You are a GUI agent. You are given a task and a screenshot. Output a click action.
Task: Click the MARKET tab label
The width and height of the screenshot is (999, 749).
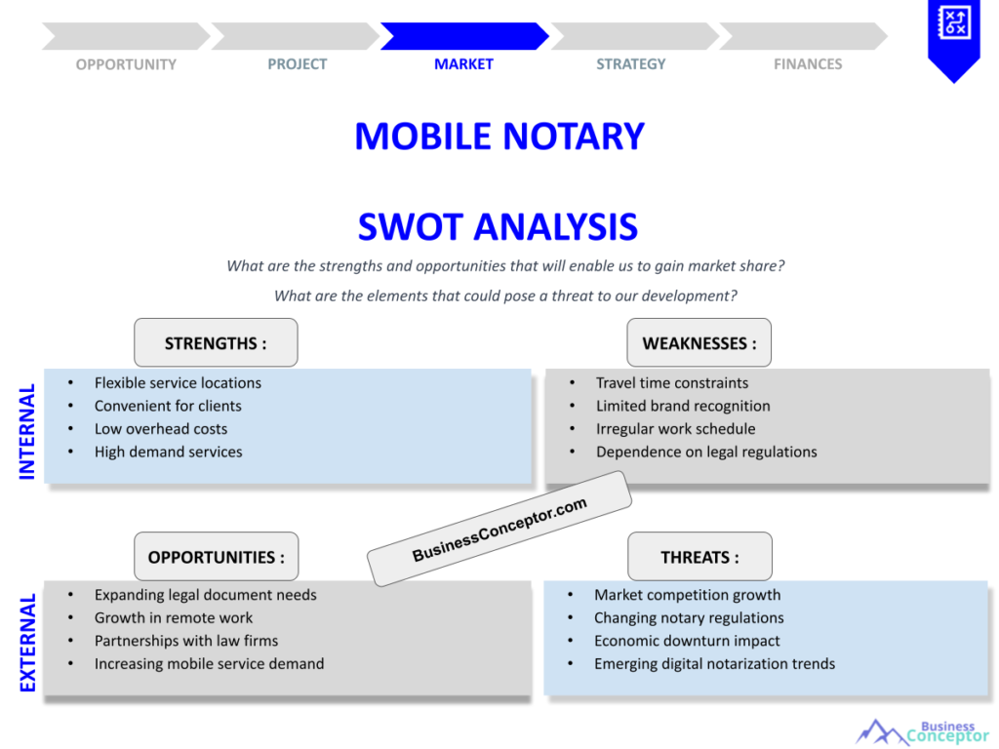(x=463, y=64)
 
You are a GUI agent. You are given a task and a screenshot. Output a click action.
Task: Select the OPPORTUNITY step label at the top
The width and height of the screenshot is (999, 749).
(x=126, y=64)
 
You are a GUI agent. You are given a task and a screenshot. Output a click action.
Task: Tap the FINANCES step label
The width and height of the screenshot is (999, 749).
(x=808, y=64)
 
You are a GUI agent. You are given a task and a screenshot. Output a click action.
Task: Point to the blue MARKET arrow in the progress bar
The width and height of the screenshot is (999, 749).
(x=463, y=36)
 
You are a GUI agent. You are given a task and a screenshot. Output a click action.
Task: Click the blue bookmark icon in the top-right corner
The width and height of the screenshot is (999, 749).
(x=953, y=37)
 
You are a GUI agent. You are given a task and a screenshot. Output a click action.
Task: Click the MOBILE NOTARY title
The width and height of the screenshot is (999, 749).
(x=499, y=137)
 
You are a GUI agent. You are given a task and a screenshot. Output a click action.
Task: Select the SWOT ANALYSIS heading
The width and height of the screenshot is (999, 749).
(x=498, y=227)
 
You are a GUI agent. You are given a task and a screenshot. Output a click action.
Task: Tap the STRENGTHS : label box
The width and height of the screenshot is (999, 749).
(x=216, y=343)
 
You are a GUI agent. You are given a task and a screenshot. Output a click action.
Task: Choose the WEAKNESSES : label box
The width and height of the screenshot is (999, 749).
(x=699, y=343)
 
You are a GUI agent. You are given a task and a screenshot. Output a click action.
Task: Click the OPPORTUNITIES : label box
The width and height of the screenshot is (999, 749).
(x=216, y=557)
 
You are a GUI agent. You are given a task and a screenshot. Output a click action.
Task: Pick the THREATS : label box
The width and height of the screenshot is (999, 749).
(x=699, y=557)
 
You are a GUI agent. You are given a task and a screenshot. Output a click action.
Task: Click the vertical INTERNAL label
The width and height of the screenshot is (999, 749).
(x=27, y=430)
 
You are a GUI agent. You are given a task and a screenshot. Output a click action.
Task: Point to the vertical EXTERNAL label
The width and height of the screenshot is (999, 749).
(x=27, y=643)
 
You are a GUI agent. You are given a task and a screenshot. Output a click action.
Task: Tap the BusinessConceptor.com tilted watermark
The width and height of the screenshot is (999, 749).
(x=499, y=529)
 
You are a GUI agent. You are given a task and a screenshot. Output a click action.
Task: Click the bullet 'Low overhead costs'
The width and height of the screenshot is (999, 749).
(x=161, y=429)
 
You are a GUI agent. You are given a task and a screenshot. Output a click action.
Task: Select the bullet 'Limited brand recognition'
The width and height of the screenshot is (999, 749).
(x=683, y=406)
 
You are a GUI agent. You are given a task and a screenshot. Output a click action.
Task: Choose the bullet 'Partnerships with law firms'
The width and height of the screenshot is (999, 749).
(x=186, y=641)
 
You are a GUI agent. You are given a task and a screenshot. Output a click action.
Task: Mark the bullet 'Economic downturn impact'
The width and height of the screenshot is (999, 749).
(x=687, y=641)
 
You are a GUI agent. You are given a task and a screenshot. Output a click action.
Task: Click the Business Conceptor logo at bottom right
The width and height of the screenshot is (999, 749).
(x=922, y=731)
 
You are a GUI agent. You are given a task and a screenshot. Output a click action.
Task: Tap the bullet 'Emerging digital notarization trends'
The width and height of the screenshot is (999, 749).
(x=714, y=664)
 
